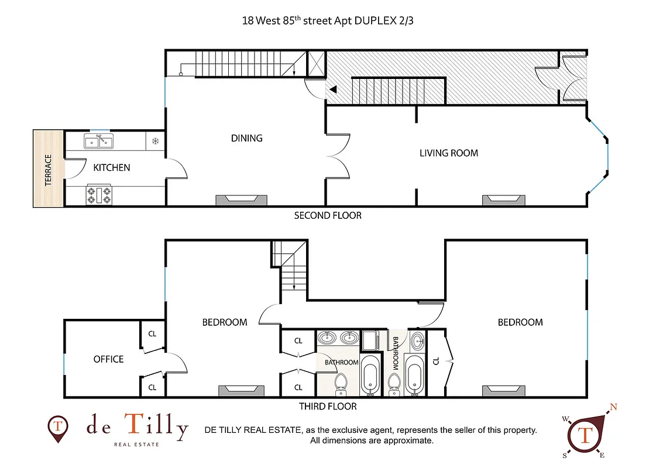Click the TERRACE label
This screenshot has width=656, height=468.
click(48, 170)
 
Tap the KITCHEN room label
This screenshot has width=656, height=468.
click(112, 168)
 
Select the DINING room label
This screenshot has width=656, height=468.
click(246, 139)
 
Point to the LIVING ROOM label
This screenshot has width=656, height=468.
click(449, 153)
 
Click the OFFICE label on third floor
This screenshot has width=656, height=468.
click(109, 359)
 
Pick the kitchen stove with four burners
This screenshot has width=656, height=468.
click(99, 195)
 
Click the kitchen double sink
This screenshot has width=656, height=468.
click(99, 140)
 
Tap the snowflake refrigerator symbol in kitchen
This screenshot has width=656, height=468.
click(156, 141)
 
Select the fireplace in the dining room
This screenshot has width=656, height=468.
click(242, 200)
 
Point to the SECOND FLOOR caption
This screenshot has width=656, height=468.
click(328, 215)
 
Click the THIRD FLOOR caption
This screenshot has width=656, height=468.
click(328, 406)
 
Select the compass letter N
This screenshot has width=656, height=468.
click(614, 407)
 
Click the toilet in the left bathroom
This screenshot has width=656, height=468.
click(341, 384)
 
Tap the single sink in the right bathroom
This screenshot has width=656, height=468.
click(418, 340)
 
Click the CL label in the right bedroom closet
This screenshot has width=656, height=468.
click(435, 361)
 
